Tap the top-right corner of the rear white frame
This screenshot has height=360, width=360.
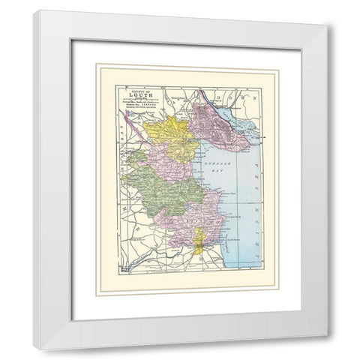point(327,25)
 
